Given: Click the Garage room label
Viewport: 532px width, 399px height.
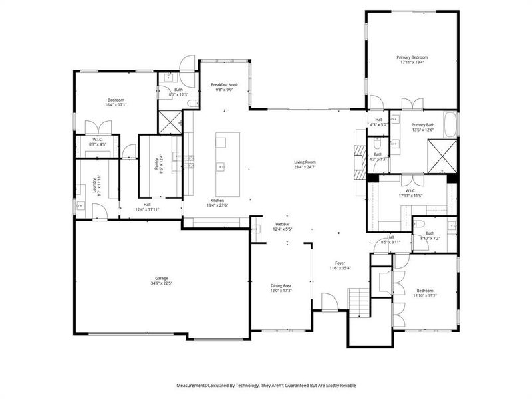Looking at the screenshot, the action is tap(162, 278).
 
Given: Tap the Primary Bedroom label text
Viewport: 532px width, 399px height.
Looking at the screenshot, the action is tap(414, 57).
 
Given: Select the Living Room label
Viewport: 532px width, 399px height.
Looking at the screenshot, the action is tap(305, 162).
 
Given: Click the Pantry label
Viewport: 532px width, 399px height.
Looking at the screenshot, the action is tap(157, 165).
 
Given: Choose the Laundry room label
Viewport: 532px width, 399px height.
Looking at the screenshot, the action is tap(94, 185).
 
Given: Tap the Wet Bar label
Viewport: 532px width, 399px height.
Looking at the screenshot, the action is tap(283, 224).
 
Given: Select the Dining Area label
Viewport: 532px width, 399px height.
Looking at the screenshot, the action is tap(281, 285).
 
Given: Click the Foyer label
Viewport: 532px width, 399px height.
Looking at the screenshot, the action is tap(340, 263).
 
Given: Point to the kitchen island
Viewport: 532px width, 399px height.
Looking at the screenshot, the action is tap(227, 160).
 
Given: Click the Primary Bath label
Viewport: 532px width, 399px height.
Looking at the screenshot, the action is tap(422, 125).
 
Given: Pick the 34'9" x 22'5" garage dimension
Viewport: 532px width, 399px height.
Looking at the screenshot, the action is tap(162, 283).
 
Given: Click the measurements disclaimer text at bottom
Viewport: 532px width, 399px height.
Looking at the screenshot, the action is tap(266, 385).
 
